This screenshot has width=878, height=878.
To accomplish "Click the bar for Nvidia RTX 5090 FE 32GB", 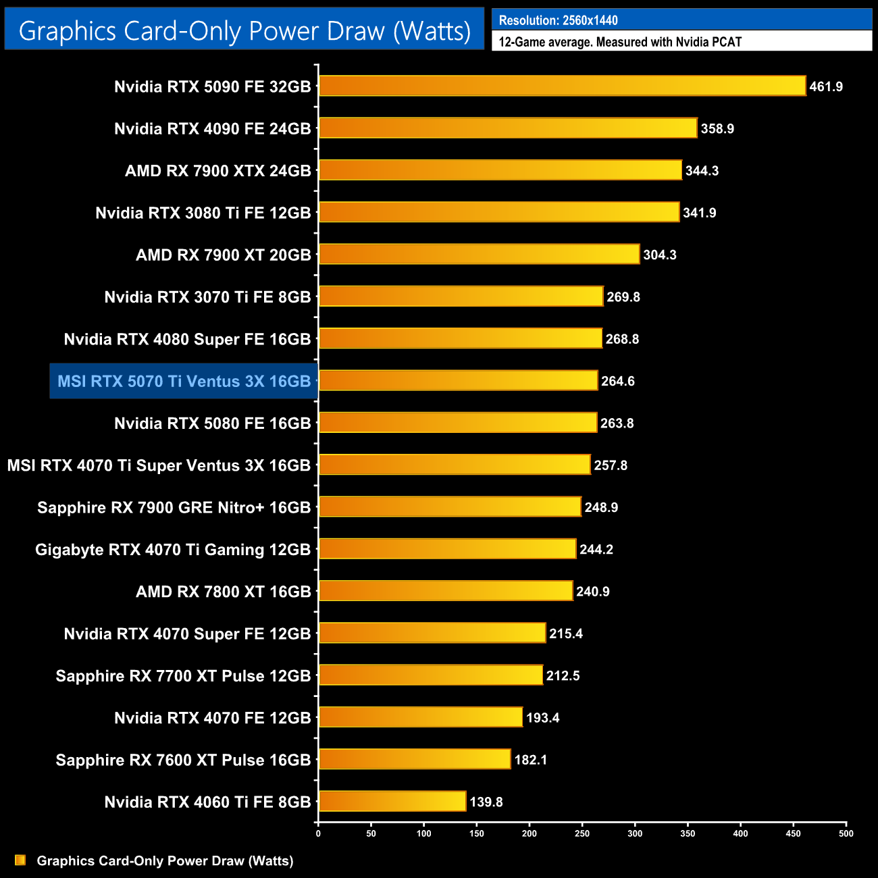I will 562,86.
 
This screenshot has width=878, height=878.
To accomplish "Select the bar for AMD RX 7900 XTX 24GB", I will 500,170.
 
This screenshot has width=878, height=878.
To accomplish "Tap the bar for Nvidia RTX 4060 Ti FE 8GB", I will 392,802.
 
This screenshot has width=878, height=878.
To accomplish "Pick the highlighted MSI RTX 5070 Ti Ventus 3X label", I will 184,382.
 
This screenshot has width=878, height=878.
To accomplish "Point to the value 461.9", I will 826,87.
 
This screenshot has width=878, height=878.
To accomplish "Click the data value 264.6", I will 618,382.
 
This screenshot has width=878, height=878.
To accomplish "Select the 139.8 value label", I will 486,802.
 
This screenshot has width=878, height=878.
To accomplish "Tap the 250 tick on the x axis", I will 582,833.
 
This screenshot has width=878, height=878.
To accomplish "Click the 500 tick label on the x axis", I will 846,833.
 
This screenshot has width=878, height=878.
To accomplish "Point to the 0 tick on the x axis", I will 318,833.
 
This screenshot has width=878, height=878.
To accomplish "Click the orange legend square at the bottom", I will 20,860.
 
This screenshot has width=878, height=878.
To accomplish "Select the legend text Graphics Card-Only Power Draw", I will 165,861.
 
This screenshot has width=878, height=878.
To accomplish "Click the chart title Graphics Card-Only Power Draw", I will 244,31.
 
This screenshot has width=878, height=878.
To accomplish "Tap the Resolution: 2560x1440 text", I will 558,20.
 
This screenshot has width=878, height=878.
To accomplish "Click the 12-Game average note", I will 620,42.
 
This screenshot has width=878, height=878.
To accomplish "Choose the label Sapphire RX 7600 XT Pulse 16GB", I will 183,760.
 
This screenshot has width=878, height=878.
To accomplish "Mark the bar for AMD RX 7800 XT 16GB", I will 446,591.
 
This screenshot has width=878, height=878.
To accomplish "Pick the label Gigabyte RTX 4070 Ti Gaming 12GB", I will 173,550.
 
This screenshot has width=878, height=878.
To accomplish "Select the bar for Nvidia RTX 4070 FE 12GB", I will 421,717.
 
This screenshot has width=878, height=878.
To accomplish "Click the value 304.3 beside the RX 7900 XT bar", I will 660,255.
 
